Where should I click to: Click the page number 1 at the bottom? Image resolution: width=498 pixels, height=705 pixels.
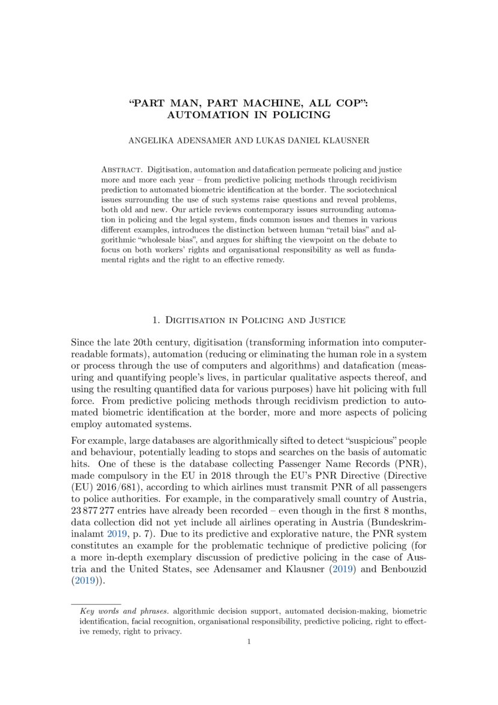pos(249,642)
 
